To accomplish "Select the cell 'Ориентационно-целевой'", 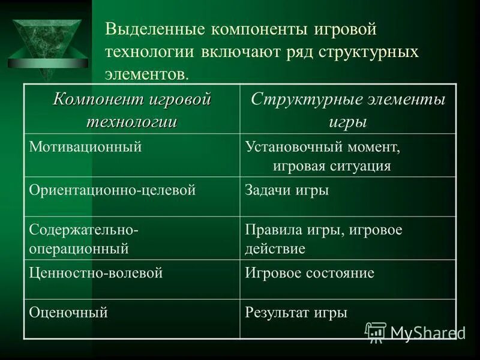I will (x=113, y=190).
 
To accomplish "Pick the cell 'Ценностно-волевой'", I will (x=96, y=273).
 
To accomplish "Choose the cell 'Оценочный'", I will (x=68, y=312).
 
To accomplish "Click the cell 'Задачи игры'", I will (x=287, y=190).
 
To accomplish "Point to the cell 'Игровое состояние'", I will (x=310, y=273).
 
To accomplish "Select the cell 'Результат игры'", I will (x=296, y=312).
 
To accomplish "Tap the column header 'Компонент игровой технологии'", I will (x=132, y=110).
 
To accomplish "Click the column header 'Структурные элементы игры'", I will (x=347, y=110).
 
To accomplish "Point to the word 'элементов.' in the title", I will (x=147, y=74).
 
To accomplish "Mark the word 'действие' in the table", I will (x=275, y=248).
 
